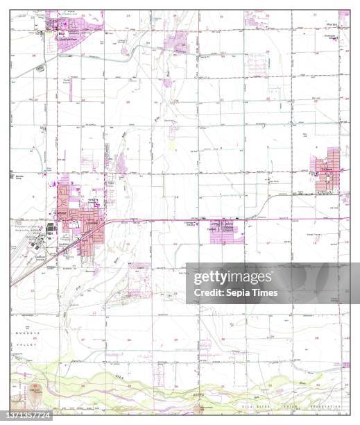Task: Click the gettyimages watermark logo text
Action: click(x=232, y=278)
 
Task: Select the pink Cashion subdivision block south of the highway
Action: click(x=227, y=233)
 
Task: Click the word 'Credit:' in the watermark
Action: click(x=202, y=292)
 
